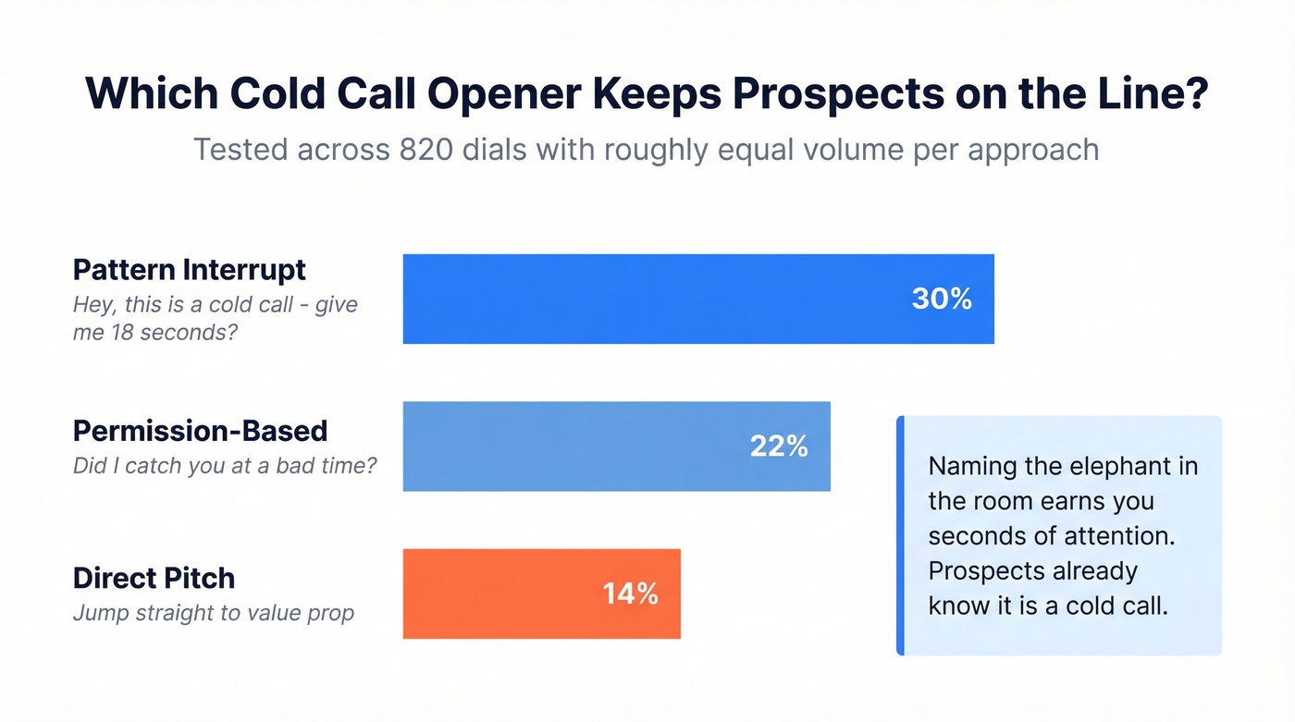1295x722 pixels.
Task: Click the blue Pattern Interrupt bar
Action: click(647, 299)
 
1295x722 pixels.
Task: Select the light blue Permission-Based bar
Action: click(573, 447)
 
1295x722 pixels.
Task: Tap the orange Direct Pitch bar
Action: click(499, 594)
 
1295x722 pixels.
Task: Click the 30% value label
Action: click(941, 299)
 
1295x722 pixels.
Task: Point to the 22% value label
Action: click(779, 447)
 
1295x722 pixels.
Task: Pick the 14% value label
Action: click(630, 594)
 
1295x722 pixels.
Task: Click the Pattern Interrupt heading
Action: click(189, 270)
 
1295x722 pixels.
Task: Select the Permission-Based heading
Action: click(200, 431)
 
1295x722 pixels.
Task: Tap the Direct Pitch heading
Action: click(154, 579)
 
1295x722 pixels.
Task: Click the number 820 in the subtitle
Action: click(425, 149)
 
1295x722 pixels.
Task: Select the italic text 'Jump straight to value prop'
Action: click(213, 612)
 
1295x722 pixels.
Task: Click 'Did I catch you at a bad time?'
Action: click(225, 465)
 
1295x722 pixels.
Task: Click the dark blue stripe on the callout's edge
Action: click(900, 536)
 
